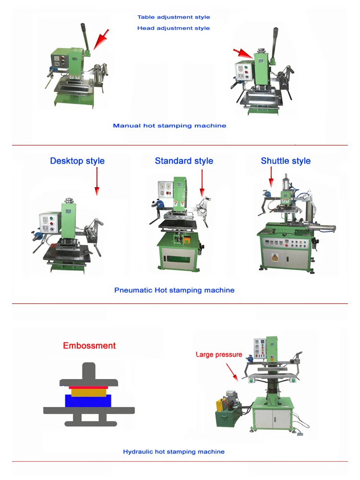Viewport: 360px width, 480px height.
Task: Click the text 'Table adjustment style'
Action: (x=173, y=17)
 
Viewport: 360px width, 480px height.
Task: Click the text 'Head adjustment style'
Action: (x=173, y=28)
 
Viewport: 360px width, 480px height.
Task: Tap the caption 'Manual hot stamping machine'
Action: (x=169, y=126)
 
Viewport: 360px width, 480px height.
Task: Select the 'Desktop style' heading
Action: (x=77, y=161)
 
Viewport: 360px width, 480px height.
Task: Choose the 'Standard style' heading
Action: (x=184, y=161)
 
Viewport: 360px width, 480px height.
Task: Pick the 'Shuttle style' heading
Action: (x=286, y=161)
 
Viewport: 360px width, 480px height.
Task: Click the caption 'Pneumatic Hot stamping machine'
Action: (x=174, y=290)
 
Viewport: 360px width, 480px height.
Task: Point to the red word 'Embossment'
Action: (x=89, y=346)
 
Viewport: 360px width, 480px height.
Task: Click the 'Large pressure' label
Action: (x=219, y=355)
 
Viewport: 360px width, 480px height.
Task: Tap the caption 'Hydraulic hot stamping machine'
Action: (x=174, y=452)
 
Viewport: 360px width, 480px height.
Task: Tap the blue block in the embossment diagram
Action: (x=88, y=401)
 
